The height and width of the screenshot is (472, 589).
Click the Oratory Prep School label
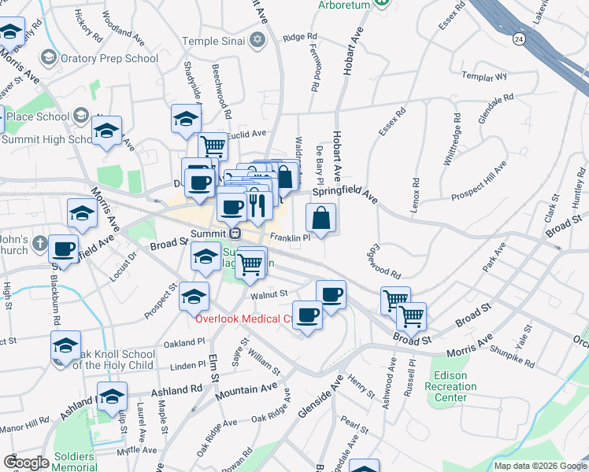[106, 58]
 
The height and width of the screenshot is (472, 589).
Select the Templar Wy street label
[485, 77]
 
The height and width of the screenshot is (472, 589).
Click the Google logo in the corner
[26, 463]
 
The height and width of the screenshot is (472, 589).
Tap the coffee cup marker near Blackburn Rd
[64, 249]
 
